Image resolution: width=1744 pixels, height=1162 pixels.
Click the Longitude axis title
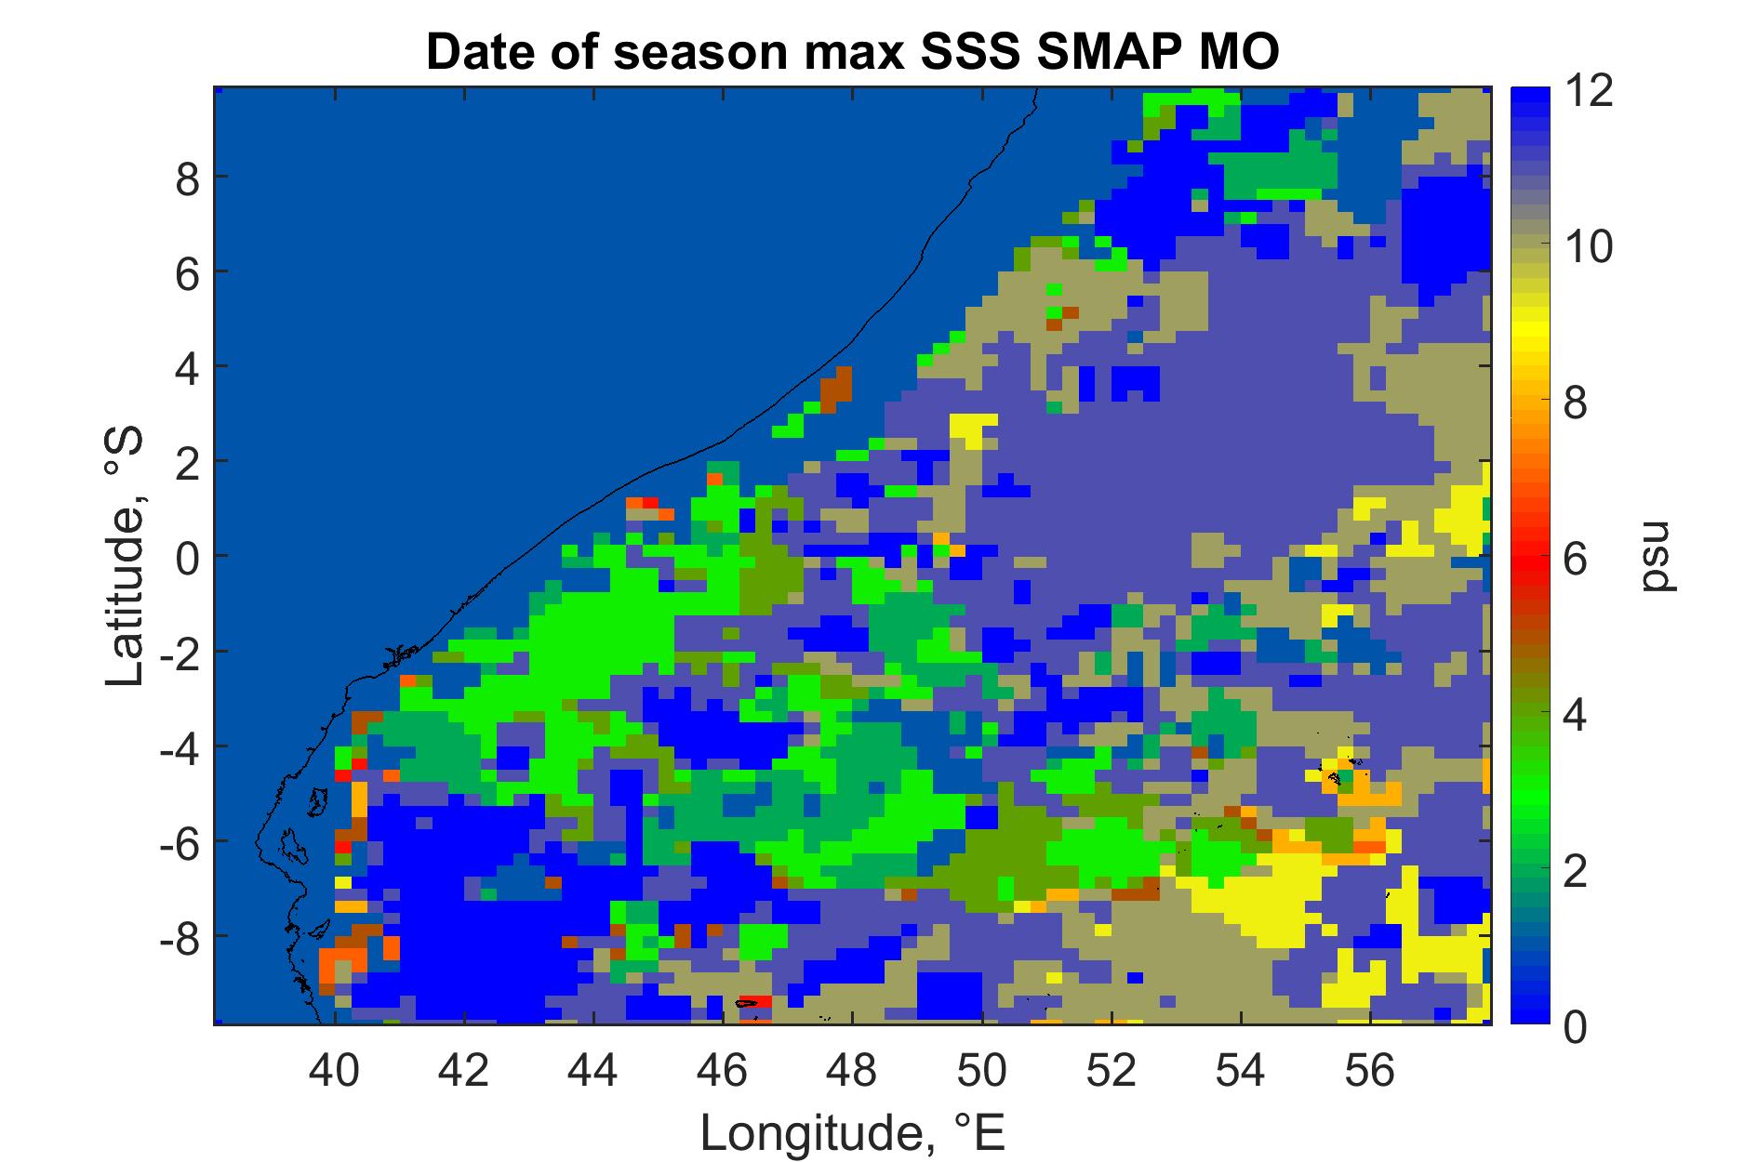point(852,1132)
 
